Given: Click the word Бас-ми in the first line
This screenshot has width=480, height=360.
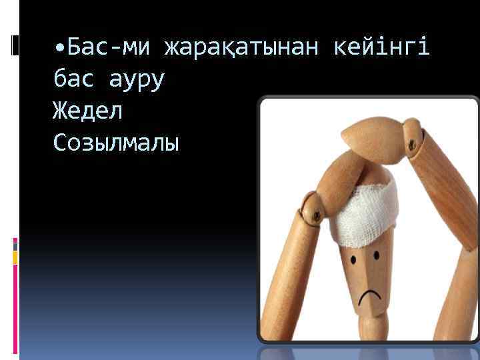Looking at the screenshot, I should tap(110, 47).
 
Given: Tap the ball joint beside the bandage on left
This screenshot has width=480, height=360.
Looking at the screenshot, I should tap(313, 209).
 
